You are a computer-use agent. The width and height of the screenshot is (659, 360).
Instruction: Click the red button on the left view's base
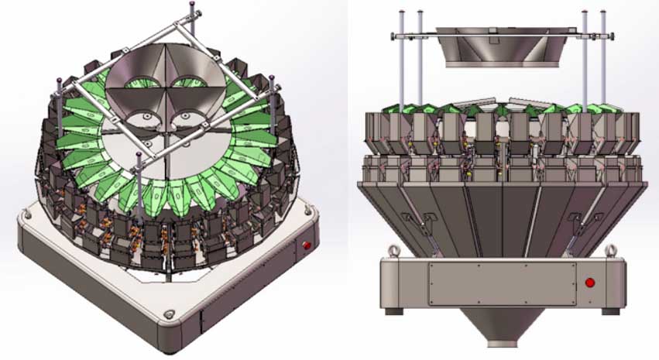click(x=307, y=245)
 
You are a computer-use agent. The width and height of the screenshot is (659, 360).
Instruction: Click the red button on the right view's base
click(x=590, y=282)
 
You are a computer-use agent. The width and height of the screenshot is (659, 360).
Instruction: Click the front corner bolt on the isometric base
click(x=168, y=316)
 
